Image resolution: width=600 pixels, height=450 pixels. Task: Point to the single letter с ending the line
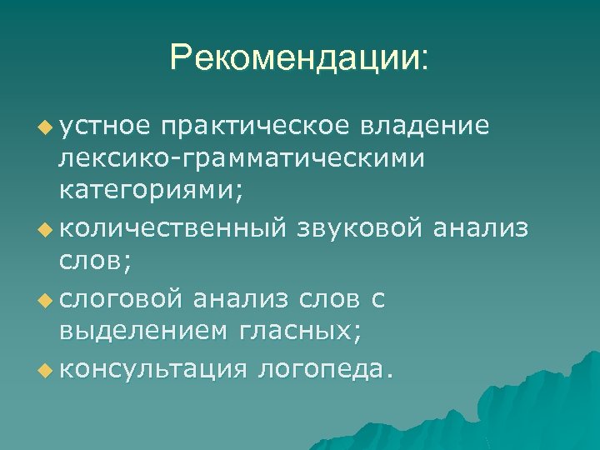[x=377, y=298]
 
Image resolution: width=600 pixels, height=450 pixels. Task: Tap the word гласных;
[x=300, y=332]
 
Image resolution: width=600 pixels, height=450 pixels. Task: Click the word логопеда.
[x=324, y=368]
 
